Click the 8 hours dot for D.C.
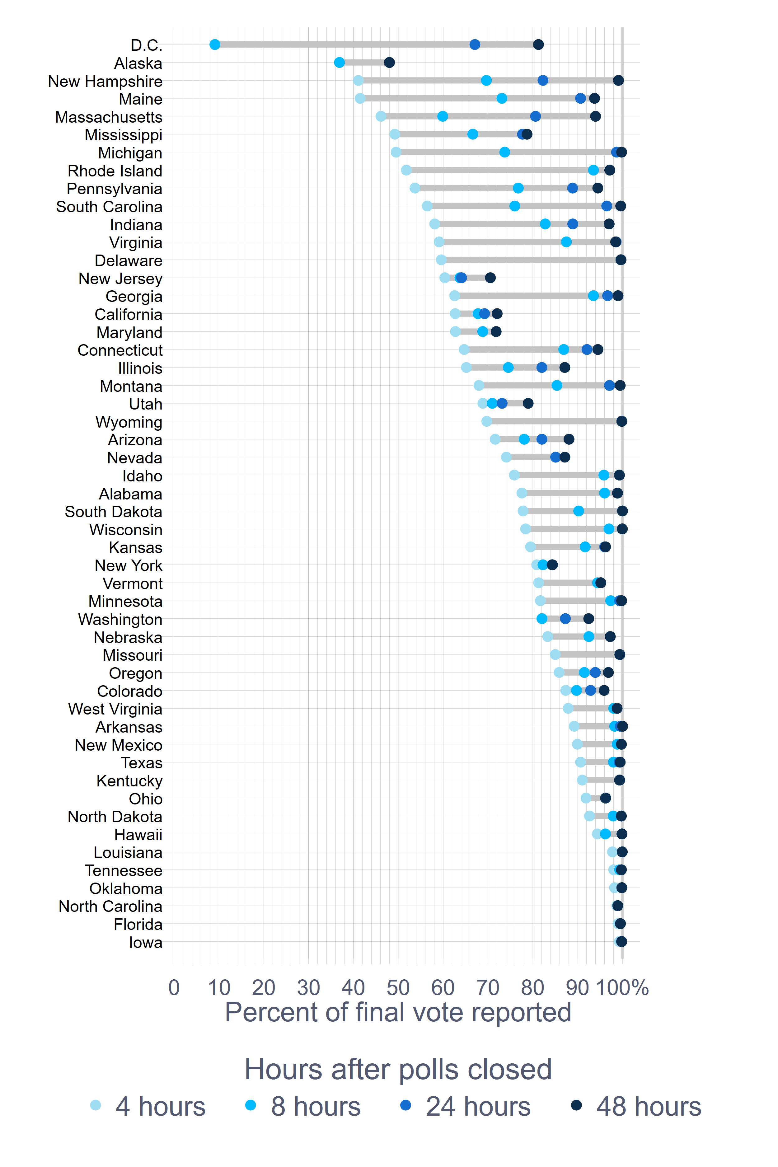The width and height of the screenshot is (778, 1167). [x=215, y=45]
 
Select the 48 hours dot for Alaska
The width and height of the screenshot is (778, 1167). [x=390, y=63]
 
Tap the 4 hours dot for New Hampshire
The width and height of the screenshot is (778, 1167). [x=358, y=80]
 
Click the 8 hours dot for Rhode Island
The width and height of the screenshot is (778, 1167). [x=593, y=170]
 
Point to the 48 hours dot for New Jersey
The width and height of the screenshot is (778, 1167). [x=490, y=278]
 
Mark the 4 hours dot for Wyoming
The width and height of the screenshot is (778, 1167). [x=487, y=421]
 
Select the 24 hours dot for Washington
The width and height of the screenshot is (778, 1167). [x=565, y=619]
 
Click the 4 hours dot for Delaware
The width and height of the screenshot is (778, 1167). [x=441, y=260]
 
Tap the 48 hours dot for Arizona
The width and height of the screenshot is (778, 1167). [x=569, y=439]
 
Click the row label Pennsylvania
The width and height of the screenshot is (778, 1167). [x=115, y=189]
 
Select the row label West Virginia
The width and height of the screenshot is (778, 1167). [x=115, y=709]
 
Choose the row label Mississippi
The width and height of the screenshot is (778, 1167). [x=124, y=135]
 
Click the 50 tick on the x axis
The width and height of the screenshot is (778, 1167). [x=398, y=987]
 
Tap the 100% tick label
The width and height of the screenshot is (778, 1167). [x=622, y=987]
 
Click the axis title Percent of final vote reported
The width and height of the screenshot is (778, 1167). [x=398, y=1012]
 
